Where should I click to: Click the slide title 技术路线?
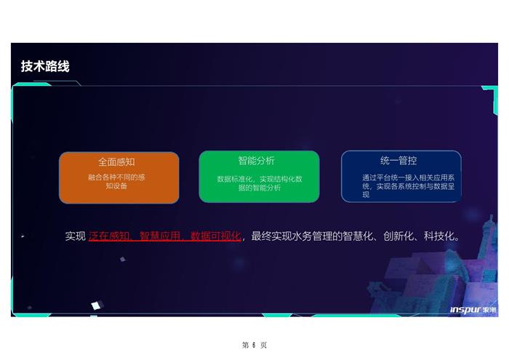pyautogui.click(x=45, y=66)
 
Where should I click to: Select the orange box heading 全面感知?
pyautogui.click(x=116, y=162)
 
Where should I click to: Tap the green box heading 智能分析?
pyautogui.click(x=257, y=161)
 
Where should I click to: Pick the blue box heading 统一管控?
pyautogui.click(x=398, y=161)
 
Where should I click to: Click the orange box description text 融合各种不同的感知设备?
pyautogui.click(x=116, y=182)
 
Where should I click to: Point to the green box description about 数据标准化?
pyautogui.click(x=260, y=183)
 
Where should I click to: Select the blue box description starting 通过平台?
pyautogui.click(x=408, y=186)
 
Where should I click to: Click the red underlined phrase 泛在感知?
pyautogui.click(x=109, y=236)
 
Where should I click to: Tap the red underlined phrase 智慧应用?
pyautogui.click(x=160, y=236)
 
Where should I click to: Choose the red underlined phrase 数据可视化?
pyautogui.click(x=216, y=236)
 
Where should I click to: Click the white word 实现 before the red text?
pyautogui.click(x=75, y=236)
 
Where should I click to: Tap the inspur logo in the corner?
pyautogui.click(x=473, y=310)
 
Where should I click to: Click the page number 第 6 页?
pyautogui.click(x=254, y=345)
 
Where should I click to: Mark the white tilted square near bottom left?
pyautogui.click(x=97, y=305)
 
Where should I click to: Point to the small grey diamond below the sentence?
pyautogui.click(x=123, y=259)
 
